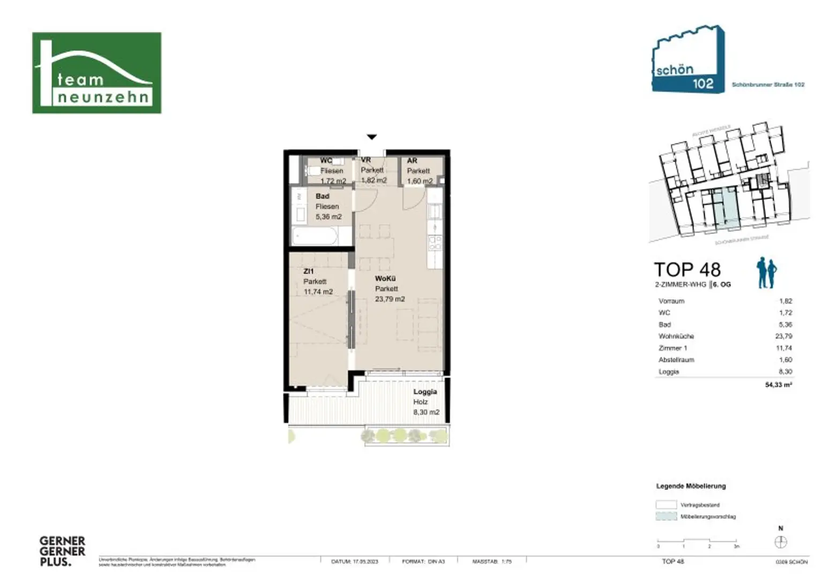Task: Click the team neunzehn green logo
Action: coord(96,73)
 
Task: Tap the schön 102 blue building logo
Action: coord(687,60)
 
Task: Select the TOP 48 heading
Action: coord(687,269)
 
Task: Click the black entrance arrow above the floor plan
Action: coord(371,137)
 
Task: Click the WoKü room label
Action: coord(385,278)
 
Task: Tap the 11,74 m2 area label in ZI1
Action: coord(318,292)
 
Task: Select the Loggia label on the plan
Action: coord(425,391)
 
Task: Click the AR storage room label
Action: coord(412,160)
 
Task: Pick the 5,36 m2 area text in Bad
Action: coord(328,217)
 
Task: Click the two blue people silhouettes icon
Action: coord(767,273)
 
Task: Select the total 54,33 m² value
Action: coord(779,384)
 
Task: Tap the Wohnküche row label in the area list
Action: coord(676,336)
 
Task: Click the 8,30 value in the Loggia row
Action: coord(785,372)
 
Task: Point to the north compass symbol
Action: coord(781,542)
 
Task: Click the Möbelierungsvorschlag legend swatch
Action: coord(666,517)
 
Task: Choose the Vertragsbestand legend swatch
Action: coord(666,504)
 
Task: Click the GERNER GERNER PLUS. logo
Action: coord(62,551)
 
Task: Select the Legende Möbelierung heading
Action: coord(691,486)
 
